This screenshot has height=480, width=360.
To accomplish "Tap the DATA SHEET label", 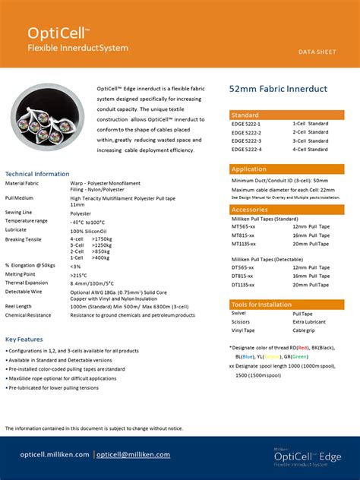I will click(x=317, y=52).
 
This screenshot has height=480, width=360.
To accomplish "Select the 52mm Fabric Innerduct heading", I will click(x=278, y=90).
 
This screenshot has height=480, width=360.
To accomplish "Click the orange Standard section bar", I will click(x=286, y=115).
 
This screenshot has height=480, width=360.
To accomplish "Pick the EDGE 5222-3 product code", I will click(x=246, y=141).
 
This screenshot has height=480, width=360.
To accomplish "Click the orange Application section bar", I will click(x=286, y=169).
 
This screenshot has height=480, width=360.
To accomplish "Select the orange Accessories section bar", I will click(x=286, y=209).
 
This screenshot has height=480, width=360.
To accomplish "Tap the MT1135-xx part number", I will click(x=244, y=244).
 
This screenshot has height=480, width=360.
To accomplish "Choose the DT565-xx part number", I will click(x=243, y=267).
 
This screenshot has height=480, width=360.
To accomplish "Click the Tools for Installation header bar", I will click(x=286, y=305).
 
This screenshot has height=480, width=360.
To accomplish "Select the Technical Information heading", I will click(x=37, y=174).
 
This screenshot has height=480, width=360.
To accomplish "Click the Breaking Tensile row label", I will click(x=24, y=239).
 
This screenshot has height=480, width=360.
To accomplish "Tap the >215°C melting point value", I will click(x=81, y=274).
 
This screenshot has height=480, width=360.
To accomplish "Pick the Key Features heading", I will click(x=24, y=339).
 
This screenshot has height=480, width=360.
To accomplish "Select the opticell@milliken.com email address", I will click(x=133, y=454).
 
